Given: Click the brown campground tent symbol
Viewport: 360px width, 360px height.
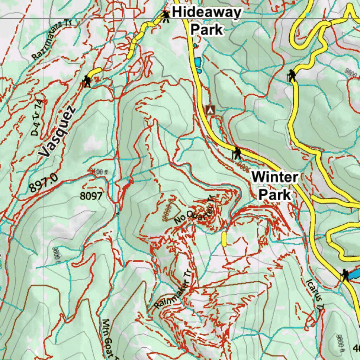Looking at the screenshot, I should [210, 110].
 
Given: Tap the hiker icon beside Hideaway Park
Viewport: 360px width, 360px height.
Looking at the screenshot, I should [165, 15].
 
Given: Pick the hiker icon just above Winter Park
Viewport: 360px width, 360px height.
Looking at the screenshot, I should [238, 153].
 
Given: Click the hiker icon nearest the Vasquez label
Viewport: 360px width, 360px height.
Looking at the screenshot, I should [86, 81].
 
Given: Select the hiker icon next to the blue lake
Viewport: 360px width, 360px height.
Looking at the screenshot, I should [345, 275].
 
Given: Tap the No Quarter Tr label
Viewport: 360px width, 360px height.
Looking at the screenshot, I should [194, 211].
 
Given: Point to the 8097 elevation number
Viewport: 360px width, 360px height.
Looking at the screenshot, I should [91, 196].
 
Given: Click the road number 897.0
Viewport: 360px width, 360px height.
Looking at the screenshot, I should [44, 183].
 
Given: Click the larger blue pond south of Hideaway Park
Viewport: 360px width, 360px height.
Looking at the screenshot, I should [198, 62].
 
